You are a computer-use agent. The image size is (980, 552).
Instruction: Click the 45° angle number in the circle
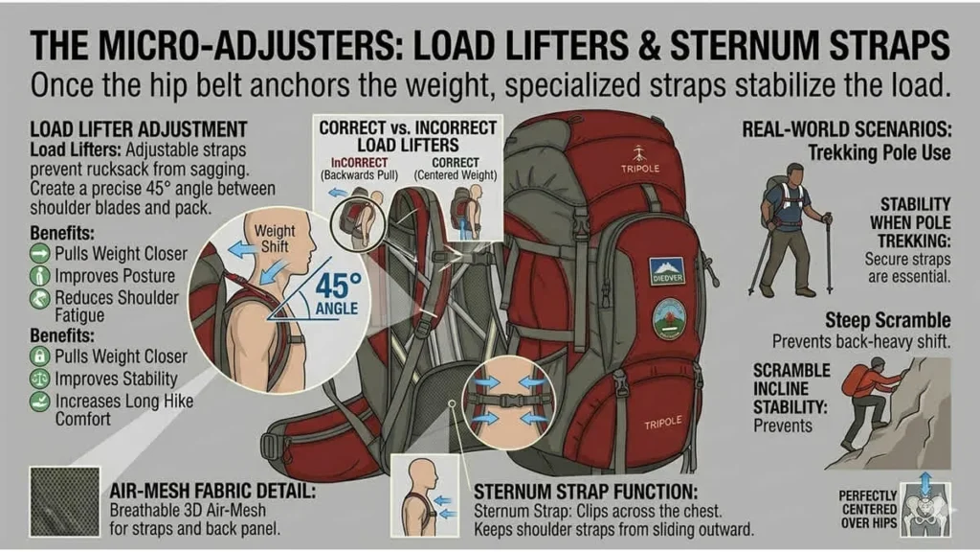pos(338,286)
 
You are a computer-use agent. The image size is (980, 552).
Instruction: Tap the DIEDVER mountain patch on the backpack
pos(667,269)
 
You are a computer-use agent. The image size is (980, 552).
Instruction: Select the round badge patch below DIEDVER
pos(669,318)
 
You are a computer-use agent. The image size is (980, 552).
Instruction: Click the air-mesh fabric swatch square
pos(64,501)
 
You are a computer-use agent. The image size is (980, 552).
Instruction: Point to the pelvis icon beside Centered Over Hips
pos(925,510)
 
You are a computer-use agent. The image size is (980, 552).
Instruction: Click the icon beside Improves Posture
pos(40,276)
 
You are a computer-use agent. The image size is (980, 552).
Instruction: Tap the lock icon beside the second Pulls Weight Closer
pos(40,356)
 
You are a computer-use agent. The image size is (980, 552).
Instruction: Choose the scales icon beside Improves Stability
pos(40,379)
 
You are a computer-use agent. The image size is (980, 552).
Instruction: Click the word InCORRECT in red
pos(360,163)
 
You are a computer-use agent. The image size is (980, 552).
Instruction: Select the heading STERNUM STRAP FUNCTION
pos(586,492)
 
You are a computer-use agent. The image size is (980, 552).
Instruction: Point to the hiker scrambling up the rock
pos(867,402)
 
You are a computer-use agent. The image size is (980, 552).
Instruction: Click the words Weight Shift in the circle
pos(275,238)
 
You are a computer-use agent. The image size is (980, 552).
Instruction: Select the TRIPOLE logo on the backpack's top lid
pos(640,160)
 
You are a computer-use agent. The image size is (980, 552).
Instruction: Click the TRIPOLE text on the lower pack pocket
pos(662,424)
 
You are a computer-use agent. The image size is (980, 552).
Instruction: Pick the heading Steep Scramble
pos(887,320)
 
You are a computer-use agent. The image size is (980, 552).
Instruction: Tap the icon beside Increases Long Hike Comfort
pos(40,402)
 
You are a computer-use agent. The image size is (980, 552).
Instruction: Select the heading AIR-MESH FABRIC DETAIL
pos(212,491)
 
